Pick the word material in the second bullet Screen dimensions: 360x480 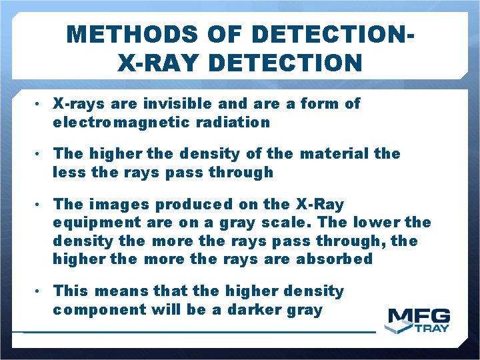click(x=335, y=154)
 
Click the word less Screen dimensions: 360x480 click(x=67, y=173)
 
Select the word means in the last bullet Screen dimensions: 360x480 click(x=118, y=291)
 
